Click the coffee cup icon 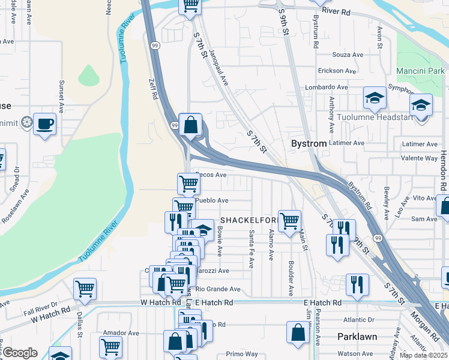point(44,124)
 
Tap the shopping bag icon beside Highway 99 point(190,125)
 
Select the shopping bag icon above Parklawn point(298,332)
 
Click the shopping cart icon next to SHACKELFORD point(289,220)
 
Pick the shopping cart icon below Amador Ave point(111,346)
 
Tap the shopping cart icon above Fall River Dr point(85,289)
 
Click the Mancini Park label point(420,71)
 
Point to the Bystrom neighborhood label point(309,144)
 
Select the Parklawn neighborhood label point(357,337)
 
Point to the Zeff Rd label point(154,88)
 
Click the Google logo point(20,353)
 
